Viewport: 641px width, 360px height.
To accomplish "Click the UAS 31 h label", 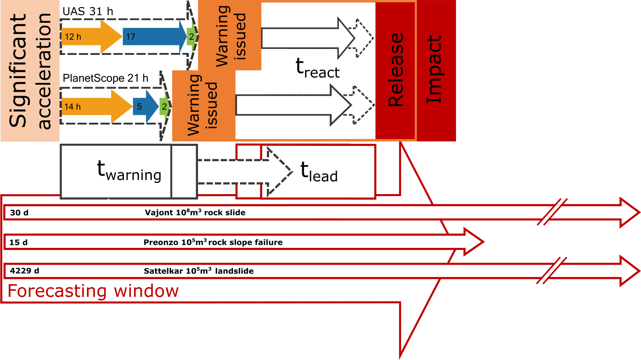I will (x=88, y=11).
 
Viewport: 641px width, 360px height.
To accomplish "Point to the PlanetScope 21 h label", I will (x=105, y=78).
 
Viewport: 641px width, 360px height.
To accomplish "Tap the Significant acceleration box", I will (x=30, y=71).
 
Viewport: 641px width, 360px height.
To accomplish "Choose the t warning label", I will (x=129, y=171).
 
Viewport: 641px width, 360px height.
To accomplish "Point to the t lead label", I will (x=319, y=172).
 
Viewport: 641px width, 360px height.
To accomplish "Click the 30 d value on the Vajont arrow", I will (x=19, y=213).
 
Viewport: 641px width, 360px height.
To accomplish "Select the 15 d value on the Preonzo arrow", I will (x=18, y=242).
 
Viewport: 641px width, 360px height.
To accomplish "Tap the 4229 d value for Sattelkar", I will (x=24, y=271).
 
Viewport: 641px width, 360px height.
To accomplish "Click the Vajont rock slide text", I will (x=195, y=213).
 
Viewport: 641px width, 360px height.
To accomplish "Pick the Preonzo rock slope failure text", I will (x=213, y=242).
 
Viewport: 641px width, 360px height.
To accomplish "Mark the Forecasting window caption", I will (x=93, y=291).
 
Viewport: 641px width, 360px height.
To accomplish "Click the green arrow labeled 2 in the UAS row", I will (x=192, y=37).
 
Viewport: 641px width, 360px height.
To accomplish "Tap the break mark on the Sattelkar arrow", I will (x=552, y=271).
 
